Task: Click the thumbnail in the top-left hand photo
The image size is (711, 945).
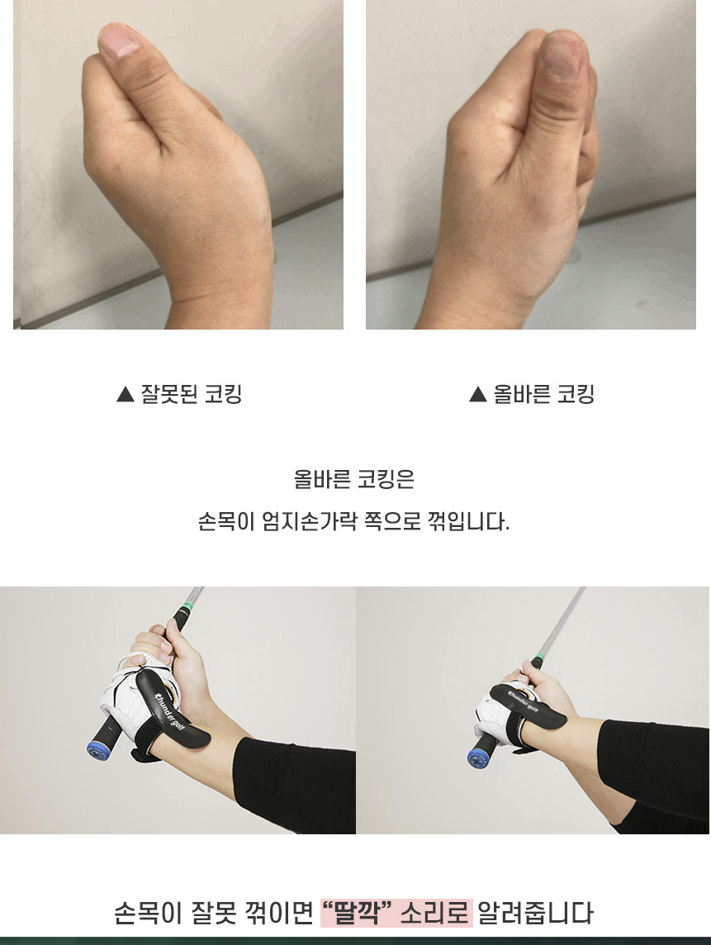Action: click(x=120, y=40)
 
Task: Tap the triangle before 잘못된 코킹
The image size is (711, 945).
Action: click(x=125, y=395)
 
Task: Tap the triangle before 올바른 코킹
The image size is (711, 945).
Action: click(x=477, y=395)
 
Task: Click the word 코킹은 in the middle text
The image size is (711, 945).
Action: click(x=386, y=480)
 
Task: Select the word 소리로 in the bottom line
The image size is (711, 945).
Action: click(x=435, y=913)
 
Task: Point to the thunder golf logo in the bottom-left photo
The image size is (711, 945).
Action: click(x=169, y=711)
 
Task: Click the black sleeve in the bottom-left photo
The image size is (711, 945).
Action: click(x=296, y=783)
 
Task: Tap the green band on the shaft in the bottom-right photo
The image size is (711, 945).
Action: click(x=541, y=656)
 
